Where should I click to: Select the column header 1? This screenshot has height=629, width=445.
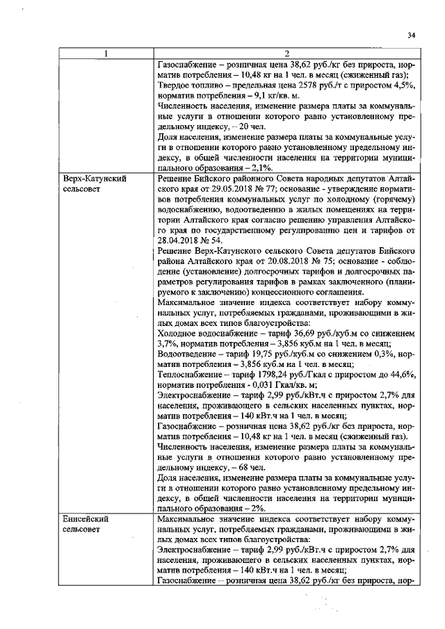click(x=106, y=54)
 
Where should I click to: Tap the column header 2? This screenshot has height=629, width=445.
click(x=286, y=54)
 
